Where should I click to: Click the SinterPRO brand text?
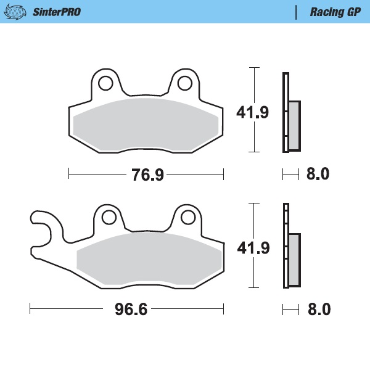click(56, 12)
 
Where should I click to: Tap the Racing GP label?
click(335, 12)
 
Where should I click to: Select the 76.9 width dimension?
click(147, 175)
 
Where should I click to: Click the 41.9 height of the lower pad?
click(253, 247)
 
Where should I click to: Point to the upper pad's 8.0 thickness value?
click(318, 175)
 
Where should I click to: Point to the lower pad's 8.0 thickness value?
click(318, 309)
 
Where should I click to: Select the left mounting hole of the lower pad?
click(109, 217)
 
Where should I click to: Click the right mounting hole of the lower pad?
click(188, 217)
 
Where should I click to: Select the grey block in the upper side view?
click(294, 125)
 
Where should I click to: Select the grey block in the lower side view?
click(294, 259)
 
